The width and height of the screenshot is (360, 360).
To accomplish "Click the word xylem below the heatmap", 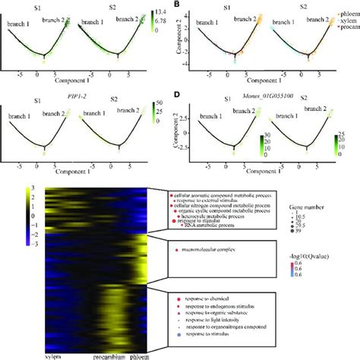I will tap(54, 355).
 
